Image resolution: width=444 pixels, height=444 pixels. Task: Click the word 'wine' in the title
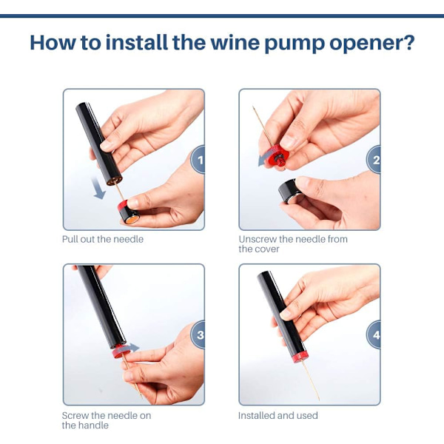[x=235, y=43]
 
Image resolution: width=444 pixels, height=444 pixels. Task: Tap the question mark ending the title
[x=408, y=42]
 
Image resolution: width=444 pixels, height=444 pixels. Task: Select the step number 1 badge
[x=198, y=160]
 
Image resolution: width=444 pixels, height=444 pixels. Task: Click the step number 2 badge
[x=374, y=160]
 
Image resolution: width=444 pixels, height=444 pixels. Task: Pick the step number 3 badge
[x=198, y=334]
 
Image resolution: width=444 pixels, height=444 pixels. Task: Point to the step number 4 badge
[x=374, y=334]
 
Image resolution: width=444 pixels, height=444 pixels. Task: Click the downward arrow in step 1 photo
[x=98, y=188]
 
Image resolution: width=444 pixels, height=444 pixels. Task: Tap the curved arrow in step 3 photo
[x=129, y=349]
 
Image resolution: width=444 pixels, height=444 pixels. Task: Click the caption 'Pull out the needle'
[x=103, y=239]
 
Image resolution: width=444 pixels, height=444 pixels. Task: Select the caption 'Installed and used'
[x=278, y=415]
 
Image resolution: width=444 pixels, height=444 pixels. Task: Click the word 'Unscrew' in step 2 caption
[x=258, y=239]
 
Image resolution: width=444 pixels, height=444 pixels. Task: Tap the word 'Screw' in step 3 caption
[x=75, y=415]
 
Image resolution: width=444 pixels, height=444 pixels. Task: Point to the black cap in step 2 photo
[x=289, y=190]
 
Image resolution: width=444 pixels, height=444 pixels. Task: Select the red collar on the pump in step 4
[x=299, y=357]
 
